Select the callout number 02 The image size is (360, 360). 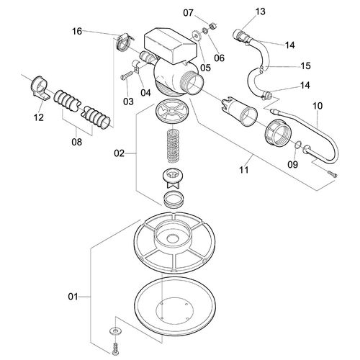click(x=120, y=153)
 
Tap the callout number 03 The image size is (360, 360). click(x=128, y=101)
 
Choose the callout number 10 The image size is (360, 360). click(x=317, y=107)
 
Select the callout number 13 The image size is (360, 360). click(x=260, y=11)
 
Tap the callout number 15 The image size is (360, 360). click(x=305, y=66)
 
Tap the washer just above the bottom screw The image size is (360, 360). click(x=114, y=329)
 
